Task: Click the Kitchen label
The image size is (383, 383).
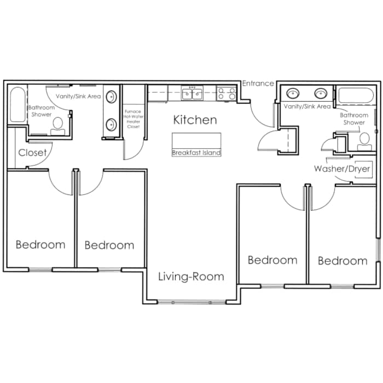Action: click(x=195, y=120)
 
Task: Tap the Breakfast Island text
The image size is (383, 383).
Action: click(x=196, y=153)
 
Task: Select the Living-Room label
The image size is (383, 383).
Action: click(x=191, y=276)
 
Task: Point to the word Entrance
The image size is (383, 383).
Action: click(x=258, y=83)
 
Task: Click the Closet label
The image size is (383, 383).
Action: click(x=32, y=153)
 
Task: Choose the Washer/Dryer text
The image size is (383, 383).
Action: click(x=342, y=169)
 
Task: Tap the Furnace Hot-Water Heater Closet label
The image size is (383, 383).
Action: click(x=132, y=119)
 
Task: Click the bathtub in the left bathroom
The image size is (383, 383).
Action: click(x=18, y=105)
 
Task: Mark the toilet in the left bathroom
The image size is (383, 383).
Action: click(x=57, y=125)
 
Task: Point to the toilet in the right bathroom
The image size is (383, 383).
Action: click(x=364, y=140)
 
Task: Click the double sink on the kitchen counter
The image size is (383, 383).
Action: click(x=192, y=94)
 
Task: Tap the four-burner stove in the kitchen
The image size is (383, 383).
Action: click(x=226, y=94)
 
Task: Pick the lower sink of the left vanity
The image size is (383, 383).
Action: click(x=111, y=125)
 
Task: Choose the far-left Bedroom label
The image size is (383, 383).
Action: click(x=40, y=245)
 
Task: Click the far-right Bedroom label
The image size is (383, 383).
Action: click(x=343, y=261)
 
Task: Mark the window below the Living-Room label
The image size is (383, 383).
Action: click(x=191, y=302)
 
